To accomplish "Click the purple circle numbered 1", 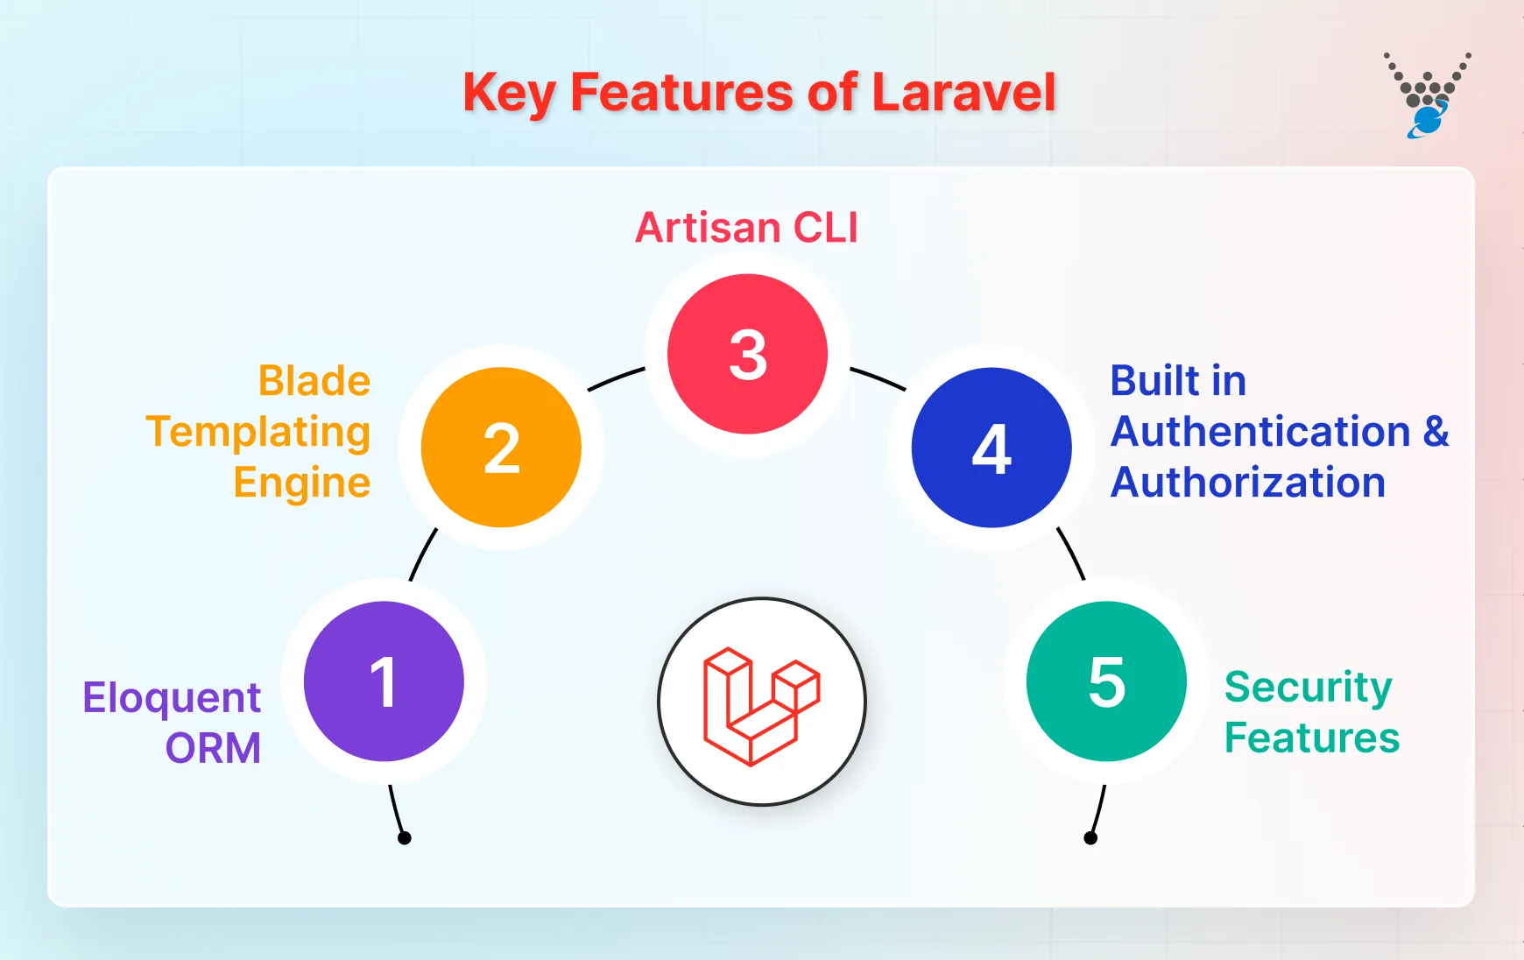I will point(384,681).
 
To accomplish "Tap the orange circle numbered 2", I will point(501,448).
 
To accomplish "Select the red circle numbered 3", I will point(747,354).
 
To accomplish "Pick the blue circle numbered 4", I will point(991,448).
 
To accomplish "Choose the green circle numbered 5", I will point(1106,681).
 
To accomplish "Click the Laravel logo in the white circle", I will point(761,703).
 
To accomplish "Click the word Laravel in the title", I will point(963,93).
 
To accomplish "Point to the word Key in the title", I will point(508,93).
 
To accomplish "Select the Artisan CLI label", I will point(746,228).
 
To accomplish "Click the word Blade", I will point(314,381).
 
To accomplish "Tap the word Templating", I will point(258,433).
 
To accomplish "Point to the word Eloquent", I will point(172,699).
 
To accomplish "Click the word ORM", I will point(213,749).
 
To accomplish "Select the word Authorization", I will point(1247,483).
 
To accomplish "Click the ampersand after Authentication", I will point(1436,432).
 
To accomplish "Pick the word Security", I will point(1308,688).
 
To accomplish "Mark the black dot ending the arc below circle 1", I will point(405,838).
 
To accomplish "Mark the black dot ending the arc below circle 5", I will point(1090,838).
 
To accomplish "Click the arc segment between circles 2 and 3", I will point(615,378).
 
